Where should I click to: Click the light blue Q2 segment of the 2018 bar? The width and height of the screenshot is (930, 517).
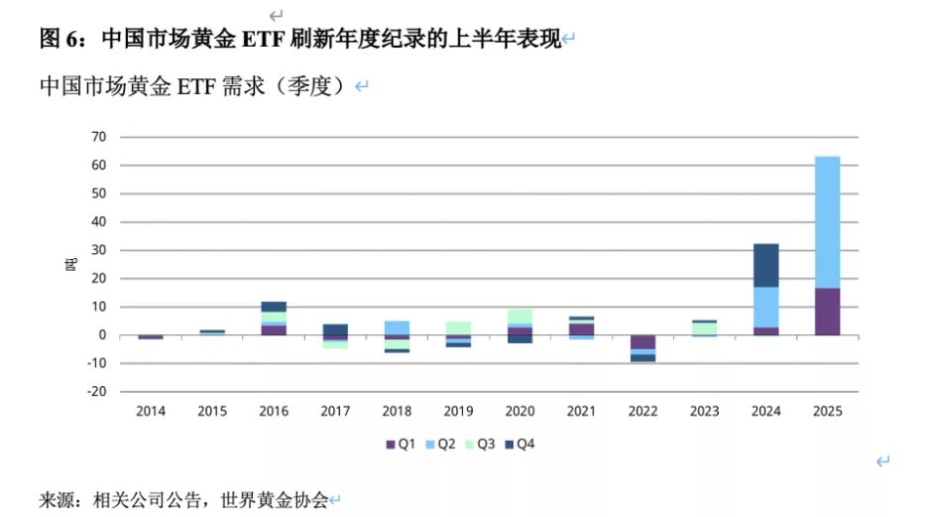coord(397,327)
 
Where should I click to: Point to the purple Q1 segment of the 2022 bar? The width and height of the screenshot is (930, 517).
coord(643,342)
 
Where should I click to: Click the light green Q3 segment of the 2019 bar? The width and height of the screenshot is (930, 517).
coord(458,327)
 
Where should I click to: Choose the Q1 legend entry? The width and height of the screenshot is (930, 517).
coord(400,445)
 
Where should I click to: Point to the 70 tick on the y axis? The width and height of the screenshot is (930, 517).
coord(99,137)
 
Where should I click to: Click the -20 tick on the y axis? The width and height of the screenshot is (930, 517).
coord(96,392)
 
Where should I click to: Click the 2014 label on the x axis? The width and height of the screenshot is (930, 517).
coord(151,411)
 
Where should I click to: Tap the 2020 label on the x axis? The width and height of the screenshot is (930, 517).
coord(520,411)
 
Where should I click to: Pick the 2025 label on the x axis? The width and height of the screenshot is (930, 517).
coord(827,411)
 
